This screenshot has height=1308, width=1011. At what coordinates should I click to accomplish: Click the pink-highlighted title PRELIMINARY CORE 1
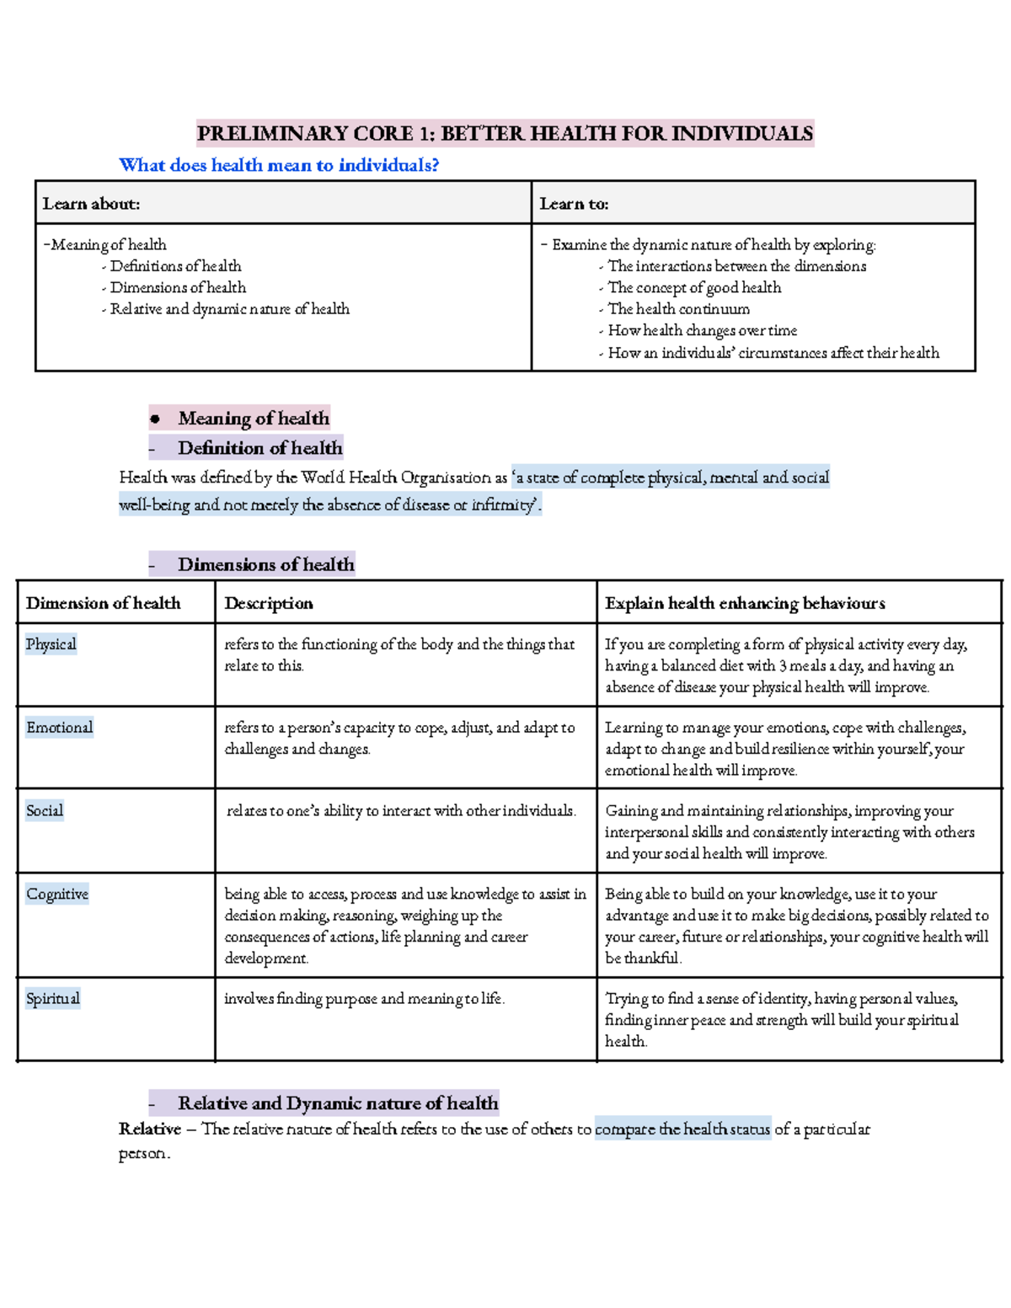(x=505, y=133)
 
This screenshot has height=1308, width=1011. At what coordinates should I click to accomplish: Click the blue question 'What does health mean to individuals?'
(x=279, y=165)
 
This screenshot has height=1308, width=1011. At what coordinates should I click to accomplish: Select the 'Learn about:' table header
(x=91, y=204)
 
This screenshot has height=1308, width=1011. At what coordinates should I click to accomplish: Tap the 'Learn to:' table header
(x=574, y=204)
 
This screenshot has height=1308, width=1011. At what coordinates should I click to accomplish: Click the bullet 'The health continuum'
(x=678, y=309)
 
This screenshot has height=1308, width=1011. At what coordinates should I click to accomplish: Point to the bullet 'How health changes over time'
(x=702, y=331)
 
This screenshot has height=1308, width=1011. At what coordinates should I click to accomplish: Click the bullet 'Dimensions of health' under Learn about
(x=178, y=287)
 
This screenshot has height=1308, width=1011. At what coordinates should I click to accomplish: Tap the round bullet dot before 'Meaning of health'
(x=155, y=419)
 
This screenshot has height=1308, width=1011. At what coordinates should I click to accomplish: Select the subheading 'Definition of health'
(x=259, y=448)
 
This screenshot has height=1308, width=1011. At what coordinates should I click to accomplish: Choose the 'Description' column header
(x=269, y=603)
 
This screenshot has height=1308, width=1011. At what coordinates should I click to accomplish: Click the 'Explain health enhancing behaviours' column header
(x=745, y=603)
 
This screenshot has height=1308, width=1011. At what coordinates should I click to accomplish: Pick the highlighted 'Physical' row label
(x=51, y=644)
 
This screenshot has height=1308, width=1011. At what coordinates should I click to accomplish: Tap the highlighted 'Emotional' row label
(x=59, y=728)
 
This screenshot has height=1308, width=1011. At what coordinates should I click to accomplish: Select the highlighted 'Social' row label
(x=44, y=811)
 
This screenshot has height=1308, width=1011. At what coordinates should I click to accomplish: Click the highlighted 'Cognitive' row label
(x=56, y=894)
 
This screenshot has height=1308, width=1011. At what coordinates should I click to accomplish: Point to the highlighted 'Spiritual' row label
(x=52, y=999)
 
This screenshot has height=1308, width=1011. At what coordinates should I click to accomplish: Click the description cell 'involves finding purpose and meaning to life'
(x=364, y=999)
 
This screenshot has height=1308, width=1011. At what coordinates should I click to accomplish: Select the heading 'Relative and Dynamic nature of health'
(x=337, y=1103)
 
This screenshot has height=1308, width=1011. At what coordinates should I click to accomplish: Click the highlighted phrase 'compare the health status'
(x=682, y=1129)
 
